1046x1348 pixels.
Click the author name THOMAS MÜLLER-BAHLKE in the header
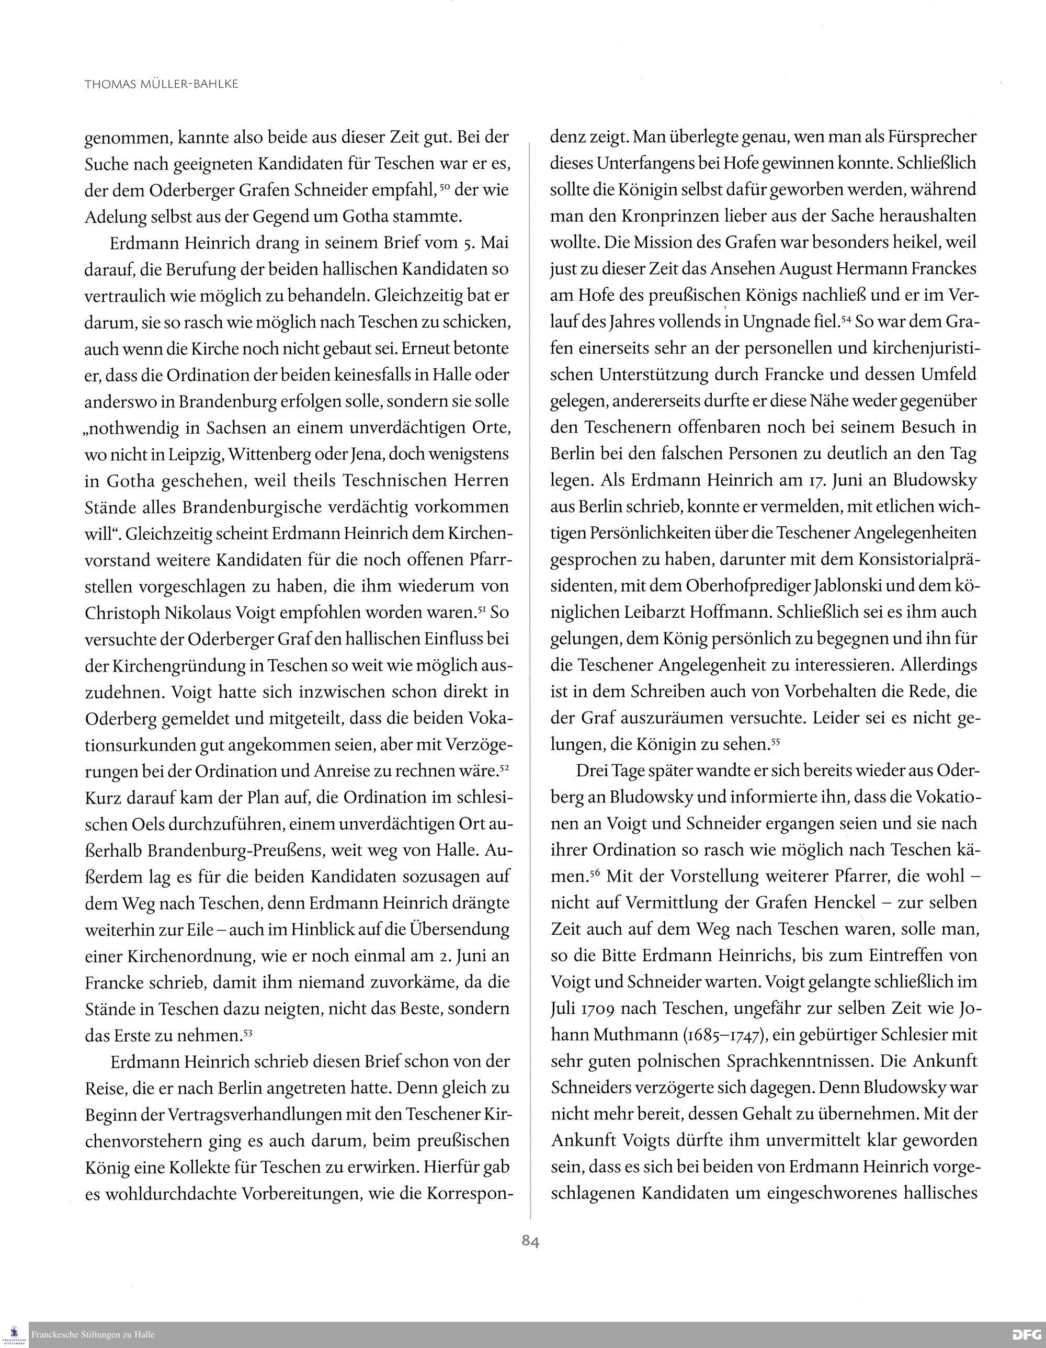coord(161,85)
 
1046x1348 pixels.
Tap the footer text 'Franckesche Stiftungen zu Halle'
coord(93,1334)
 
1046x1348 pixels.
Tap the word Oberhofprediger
coord(747,586)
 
